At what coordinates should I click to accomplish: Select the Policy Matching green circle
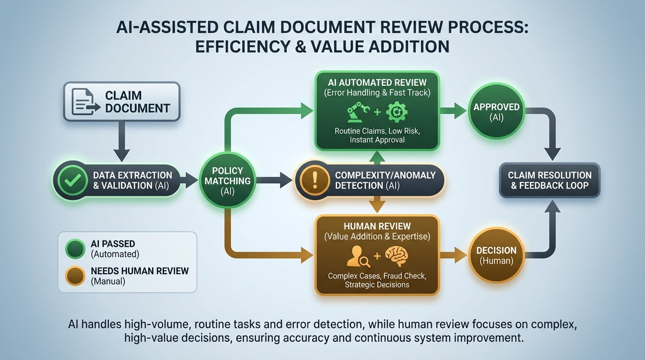click(x=228, y=180)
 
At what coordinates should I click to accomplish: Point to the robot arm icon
click(x=358, y=112)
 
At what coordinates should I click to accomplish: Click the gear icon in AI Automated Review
click(x=397, y=112)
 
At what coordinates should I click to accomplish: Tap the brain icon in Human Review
click(x=397, y=256)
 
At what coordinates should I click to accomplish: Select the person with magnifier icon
click(x=357, y=256)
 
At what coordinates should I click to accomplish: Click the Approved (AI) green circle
click(x=496, y=112)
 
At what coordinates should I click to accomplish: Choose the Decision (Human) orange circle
click(x=496, y=255)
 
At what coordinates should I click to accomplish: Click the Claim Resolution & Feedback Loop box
click(x=549, y=180)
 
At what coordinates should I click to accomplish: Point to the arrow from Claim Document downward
click(x=121, y=141)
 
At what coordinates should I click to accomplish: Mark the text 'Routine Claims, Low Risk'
click(x=377, y=131)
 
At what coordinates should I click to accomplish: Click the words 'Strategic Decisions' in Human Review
click(x=377, y=285)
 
